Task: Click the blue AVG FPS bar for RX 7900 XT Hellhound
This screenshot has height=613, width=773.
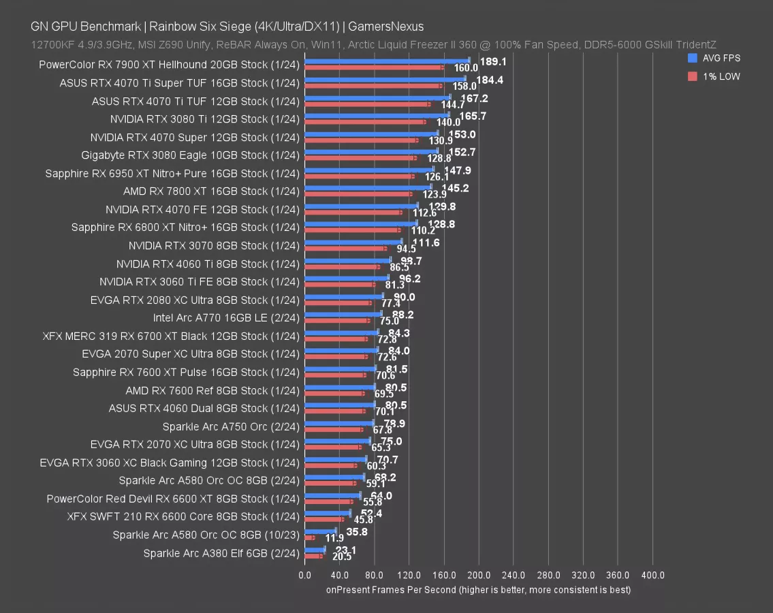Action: [387, 60]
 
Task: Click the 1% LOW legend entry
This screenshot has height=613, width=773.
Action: [716, 76]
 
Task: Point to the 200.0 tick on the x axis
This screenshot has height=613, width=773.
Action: [479, 576]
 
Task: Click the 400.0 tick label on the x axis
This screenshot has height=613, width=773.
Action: [652, 576]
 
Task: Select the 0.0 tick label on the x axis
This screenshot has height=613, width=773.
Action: [305, 576]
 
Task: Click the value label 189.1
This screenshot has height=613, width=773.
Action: [492, 61]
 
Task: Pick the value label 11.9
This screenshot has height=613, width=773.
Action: [334, 538]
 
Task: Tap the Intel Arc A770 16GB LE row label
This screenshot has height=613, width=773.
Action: [226, 318]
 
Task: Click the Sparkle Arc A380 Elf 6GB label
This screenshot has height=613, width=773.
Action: [221, 553]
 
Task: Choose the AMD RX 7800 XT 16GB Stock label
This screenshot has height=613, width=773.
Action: [211, 191]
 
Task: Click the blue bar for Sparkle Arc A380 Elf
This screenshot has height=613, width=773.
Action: [315, 549]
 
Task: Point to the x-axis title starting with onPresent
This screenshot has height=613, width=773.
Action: [478, 589]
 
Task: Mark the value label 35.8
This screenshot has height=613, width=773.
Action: [357, 532]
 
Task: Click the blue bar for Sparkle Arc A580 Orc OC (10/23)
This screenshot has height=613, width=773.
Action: [320, 531]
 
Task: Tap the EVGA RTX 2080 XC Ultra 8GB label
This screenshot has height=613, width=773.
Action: [195, 300]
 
